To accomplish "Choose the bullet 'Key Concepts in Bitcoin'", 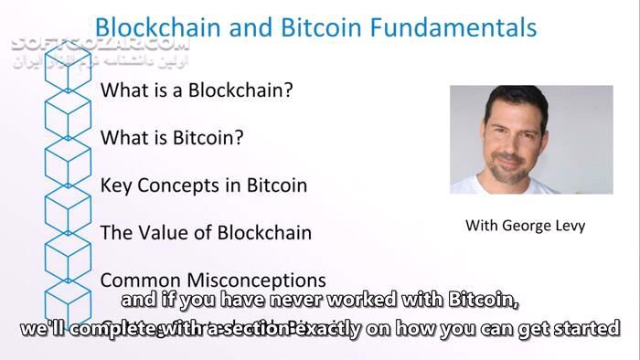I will tap(203, 185).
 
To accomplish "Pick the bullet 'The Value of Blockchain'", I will tap(206, 232).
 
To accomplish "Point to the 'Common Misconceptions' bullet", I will tap(212, 280).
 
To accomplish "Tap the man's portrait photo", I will tap(531, 139).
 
